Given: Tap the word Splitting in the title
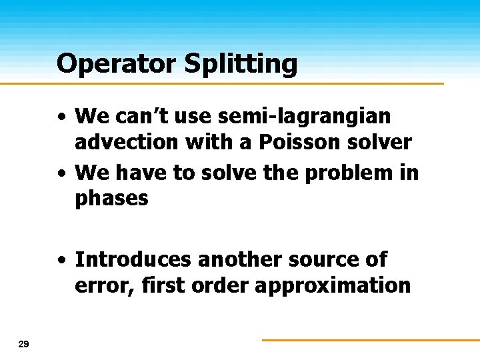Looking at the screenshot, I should pos(239,65).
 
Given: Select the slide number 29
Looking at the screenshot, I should pos(24,344).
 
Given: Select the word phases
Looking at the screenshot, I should pos(112,198).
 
